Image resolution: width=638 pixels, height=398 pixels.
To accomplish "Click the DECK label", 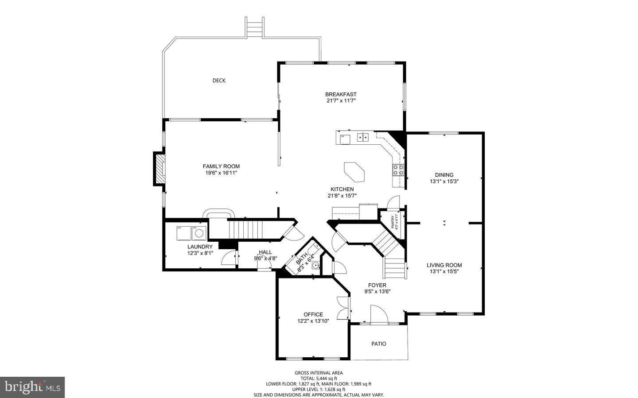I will (219, 81).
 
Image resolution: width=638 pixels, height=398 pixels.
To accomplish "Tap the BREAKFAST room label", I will (341, 94).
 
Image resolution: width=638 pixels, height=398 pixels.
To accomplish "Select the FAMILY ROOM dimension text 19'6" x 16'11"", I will (221, 173).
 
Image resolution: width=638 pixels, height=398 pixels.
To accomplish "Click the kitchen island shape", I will (355, 171).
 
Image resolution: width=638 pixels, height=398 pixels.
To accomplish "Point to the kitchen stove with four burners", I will (398, 170).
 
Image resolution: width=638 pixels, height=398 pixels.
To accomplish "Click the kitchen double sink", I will (363, 138).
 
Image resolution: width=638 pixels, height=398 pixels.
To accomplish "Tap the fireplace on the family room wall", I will (159, 169).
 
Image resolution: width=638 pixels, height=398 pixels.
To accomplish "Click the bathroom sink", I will (315, 266).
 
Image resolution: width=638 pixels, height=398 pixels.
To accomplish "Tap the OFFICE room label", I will (313, 315).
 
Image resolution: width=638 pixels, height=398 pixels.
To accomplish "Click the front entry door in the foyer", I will (379, 315).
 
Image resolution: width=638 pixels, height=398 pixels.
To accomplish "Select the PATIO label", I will (378, 344).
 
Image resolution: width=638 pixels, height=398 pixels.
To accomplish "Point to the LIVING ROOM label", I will (444, 265).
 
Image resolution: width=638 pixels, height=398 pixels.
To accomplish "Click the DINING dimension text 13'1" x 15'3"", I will (444, 182).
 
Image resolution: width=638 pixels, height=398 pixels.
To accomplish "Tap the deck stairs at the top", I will (254, 28).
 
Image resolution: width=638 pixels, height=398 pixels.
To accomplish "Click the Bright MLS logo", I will (32, 387).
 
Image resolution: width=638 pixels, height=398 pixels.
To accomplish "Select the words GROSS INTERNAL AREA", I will (319, 373).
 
